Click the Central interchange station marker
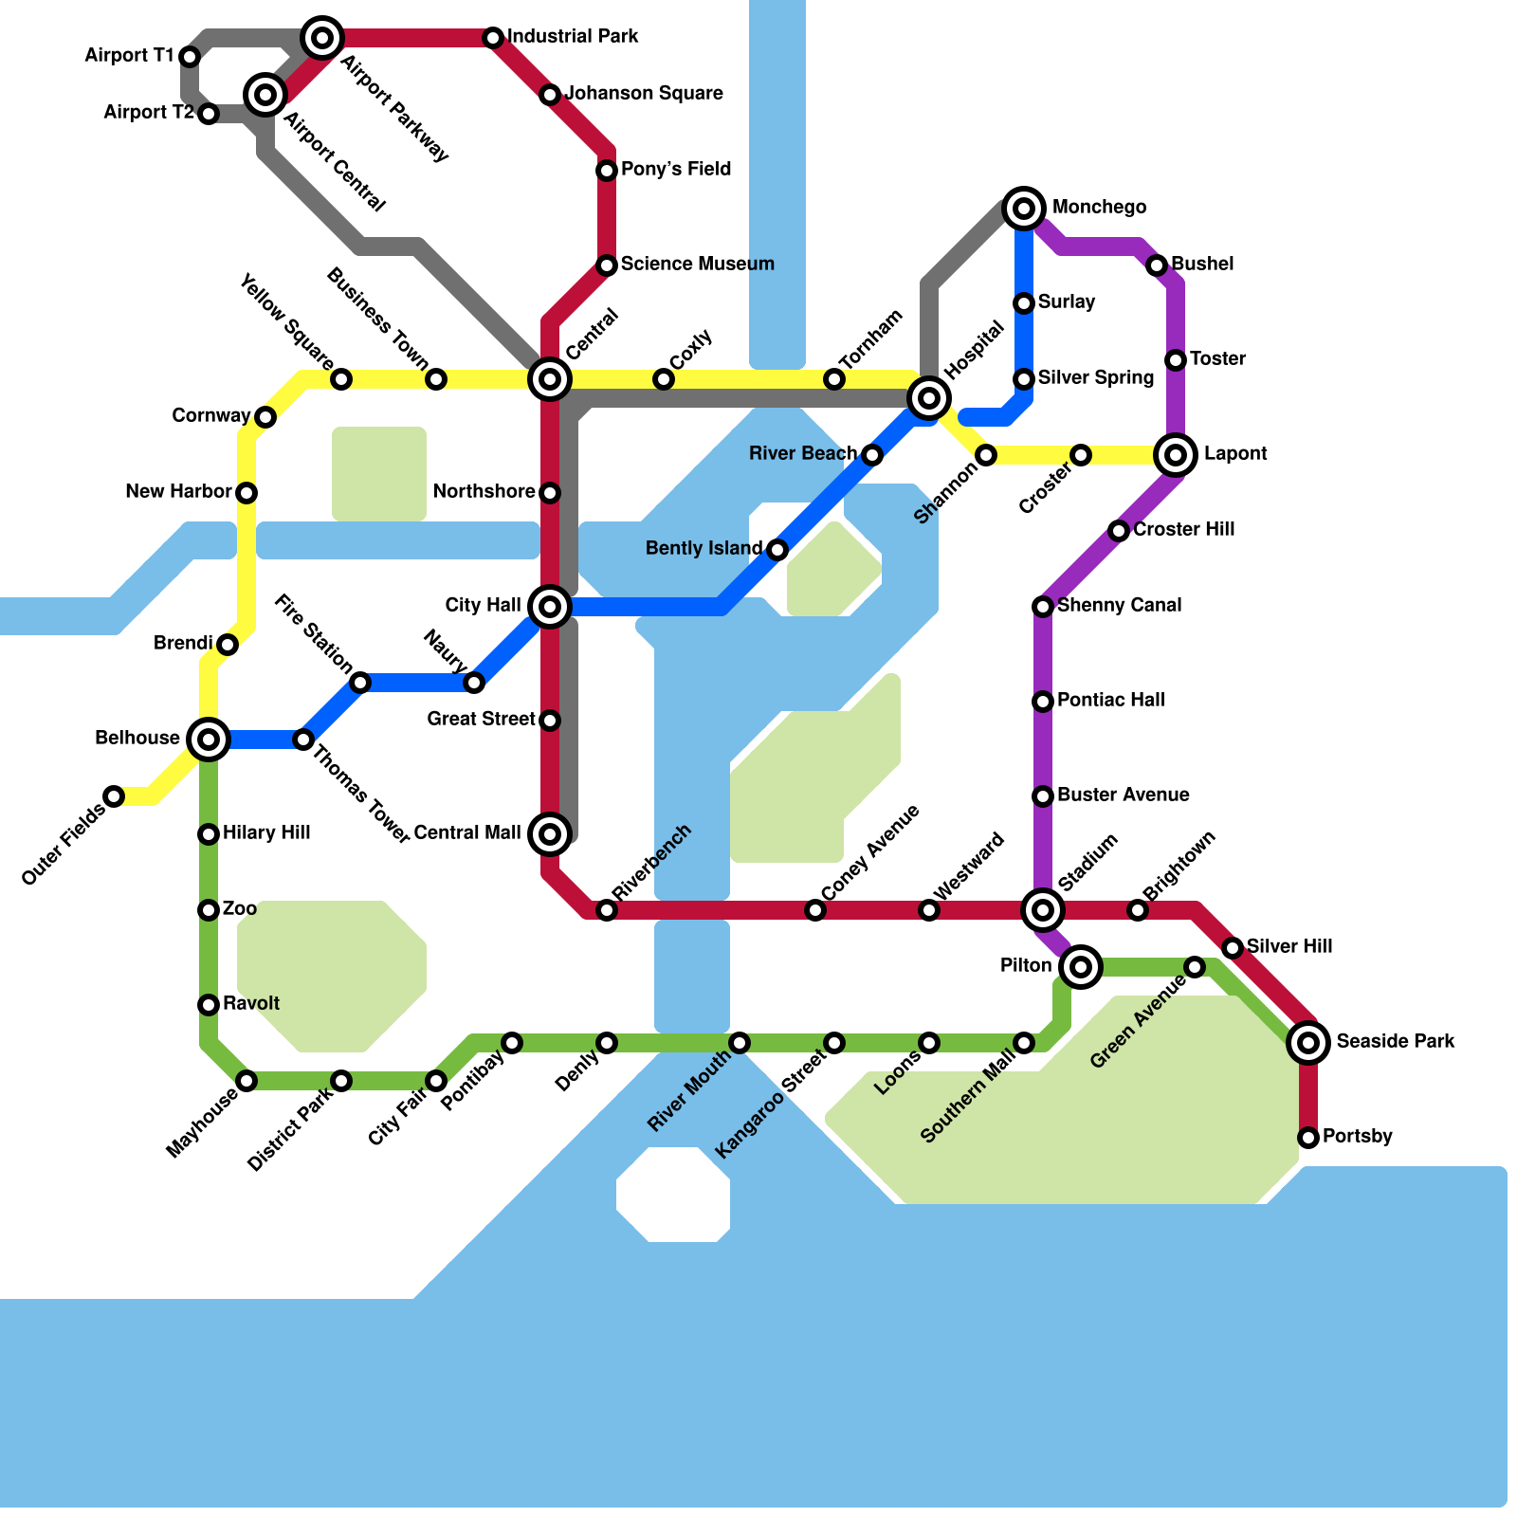[550, 379]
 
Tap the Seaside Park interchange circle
[1308, 1043]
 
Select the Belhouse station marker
[209, 739]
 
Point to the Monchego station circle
[1024, 208]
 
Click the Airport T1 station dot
[190, 57]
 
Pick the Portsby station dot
[1308, 1137]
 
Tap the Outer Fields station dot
[114, 796]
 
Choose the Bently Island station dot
[777, 550]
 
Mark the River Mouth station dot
[740, 1043]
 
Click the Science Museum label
[697, 264]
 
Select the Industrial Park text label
[573, 37]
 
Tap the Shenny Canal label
[1119, 605]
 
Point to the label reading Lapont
[1234, 454]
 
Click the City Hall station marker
[550, 606]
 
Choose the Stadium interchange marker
[1043, 910]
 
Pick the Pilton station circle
[1081, 966]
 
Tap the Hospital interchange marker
[929, 397]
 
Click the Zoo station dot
[209, 910]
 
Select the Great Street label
[481, 719]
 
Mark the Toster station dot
[1176, 360]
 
